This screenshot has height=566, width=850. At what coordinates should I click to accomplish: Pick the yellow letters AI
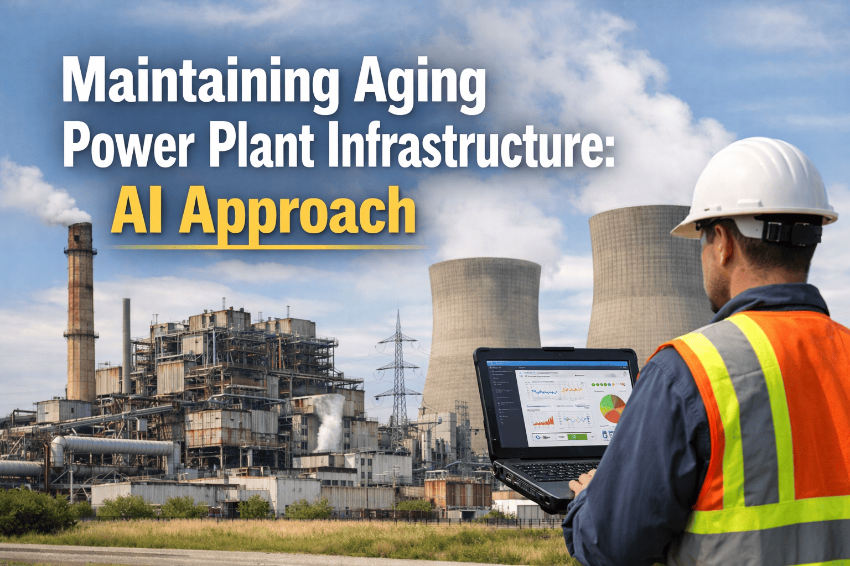[136, 210]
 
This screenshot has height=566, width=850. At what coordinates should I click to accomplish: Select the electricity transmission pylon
[397, 370]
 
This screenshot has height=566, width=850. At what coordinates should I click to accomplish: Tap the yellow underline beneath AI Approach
[266, 246]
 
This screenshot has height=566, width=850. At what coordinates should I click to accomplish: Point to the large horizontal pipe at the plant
[116, 446]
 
